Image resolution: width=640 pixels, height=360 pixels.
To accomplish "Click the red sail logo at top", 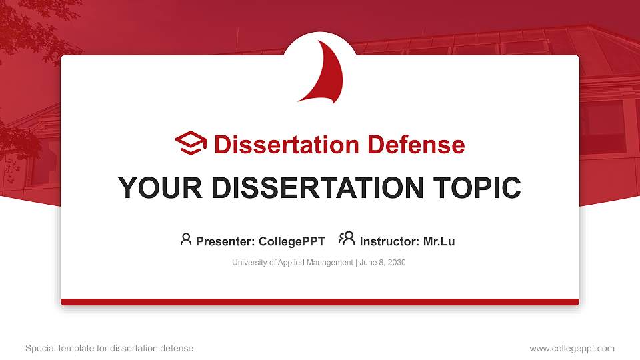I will (x=324, y=75).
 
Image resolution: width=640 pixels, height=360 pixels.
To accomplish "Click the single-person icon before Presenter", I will (x=186, y=239).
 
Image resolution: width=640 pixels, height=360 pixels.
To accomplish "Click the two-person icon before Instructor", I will (x=347, y=239).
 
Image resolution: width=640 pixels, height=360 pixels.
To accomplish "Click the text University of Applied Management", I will (x=292, y=263).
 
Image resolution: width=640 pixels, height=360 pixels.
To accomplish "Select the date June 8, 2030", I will (x=382, y=263).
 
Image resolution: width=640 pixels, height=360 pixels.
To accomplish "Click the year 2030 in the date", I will (x=395, y=263).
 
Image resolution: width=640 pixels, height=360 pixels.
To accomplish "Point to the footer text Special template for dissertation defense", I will (x=109, y=348).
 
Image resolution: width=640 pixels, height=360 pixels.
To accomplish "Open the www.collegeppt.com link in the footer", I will (x=572, y=348).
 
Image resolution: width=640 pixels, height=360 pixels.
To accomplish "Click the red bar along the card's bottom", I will (x=320, y=302).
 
